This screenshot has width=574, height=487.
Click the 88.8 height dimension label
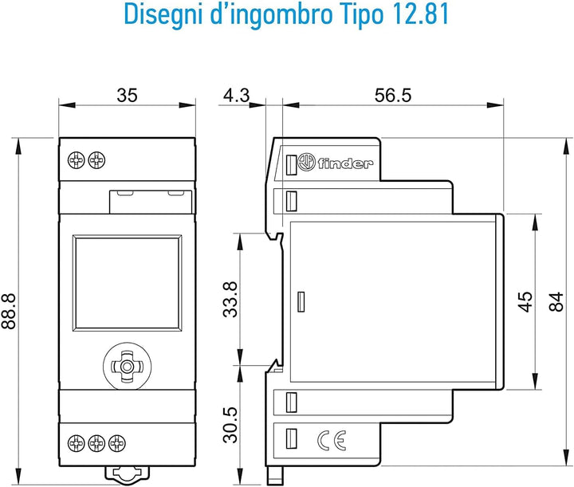click(9, 310)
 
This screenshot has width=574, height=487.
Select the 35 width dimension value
click(127, 95)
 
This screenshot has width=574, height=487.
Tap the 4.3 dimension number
click(237, 95)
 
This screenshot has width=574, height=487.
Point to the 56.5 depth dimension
click(393, 95)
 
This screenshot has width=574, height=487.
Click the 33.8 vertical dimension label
click(230, 300)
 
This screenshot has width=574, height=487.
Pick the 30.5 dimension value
click(230, 425)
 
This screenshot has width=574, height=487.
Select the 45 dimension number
click(525, 302)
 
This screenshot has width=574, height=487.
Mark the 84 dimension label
click(556, 302)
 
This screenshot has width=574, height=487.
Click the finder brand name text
click(345, 163)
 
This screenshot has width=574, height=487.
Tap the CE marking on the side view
click(332, 440)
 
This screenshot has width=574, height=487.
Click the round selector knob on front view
click(127, 367)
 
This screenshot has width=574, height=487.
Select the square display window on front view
click(127, 283)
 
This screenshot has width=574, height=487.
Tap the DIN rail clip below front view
click(127, 473)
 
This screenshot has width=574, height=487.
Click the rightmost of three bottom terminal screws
click(117, 443)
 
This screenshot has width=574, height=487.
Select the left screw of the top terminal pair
click(77, 160)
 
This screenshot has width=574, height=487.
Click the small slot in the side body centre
click(301, 302)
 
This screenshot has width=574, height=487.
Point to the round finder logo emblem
click(306, 162)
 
